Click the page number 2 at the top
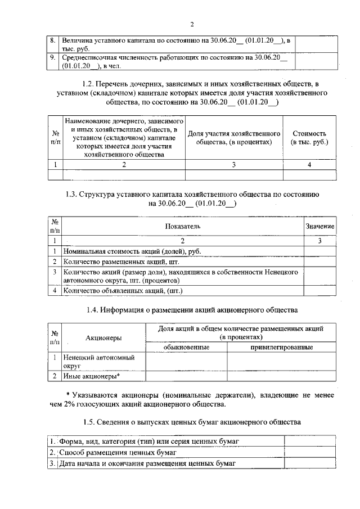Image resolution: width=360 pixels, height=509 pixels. pyautogui.click(x=192, y=24)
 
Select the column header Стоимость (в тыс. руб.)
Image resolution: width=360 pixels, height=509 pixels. pyautogui.click(x=309, y=138)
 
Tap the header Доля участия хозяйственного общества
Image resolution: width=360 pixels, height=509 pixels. pyautogui.click(x=233, y=138)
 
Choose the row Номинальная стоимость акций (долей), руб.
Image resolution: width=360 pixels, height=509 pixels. pyautogui.click(x=132, y=251)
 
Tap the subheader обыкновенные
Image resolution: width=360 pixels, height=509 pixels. pyautogui.click(x=186, y=348)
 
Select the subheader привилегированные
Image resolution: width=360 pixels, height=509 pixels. pyautogui.click(x=281, y=348)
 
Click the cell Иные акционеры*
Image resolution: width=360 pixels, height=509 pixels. pyautogui.click(x=91, y=376)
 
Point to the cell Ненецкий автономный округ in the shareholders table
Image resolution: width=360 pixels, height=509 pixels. pyautogui.click(x=92, y=361)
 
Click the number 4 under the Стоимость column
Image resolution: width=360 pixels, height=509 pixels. pyautogui.click(x=309, y=164)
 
